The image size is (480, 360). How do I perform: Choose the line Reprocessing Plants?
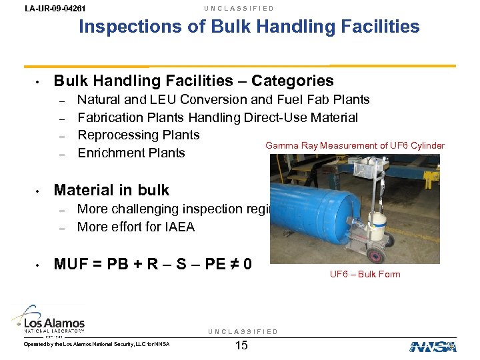pos(139,135)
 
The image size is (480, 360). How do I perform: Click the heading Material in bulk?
pos(111,190)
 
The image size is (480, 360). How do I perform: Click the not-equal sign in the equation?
pos(230,264)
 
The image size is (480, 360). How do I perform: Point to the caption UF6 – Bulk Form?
pos(365,274)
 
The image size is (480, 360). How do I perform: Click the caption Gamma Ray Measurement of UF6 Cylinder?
pos(355,145)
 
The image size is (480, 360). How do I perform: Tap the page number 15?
pos(241,345)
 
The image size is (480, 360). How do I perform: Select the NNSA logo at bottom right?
pos(433,346)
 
